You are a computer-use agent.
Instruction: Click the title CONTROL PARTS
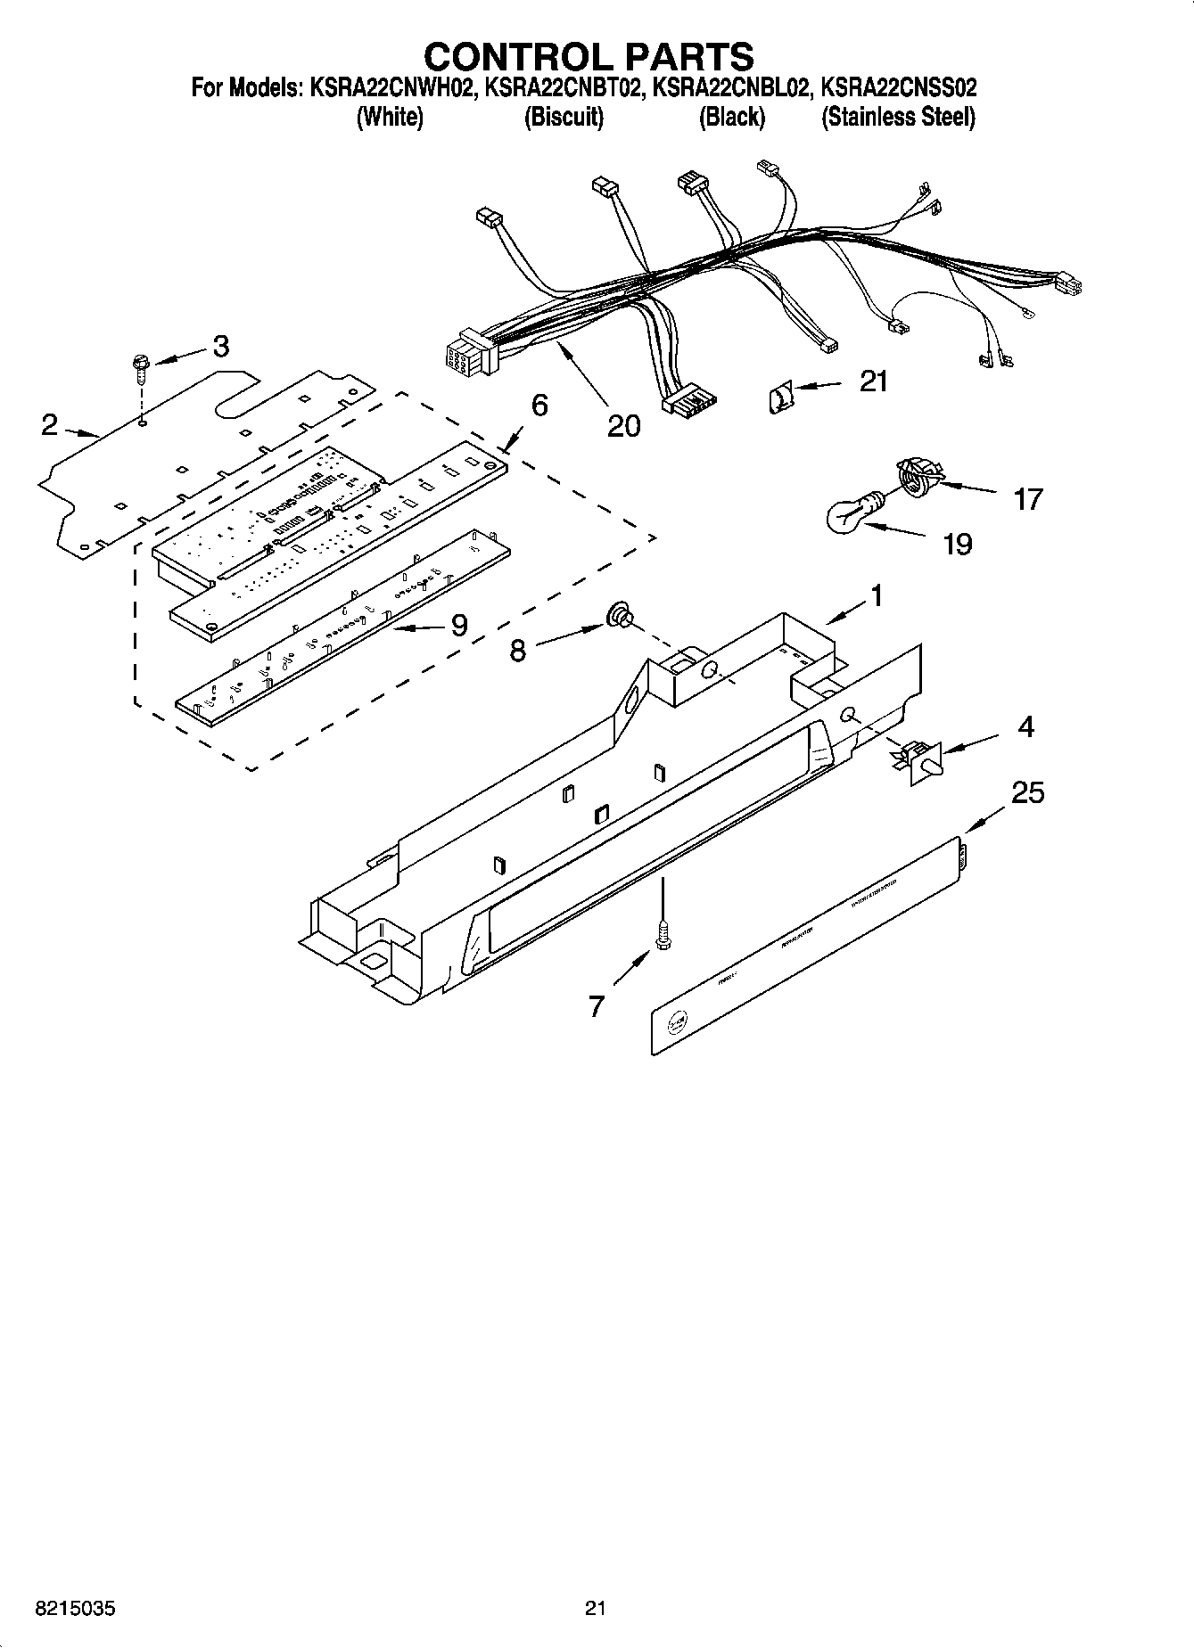click(589, 56)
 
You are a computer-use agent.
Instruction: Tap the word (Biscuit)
click(564, 117)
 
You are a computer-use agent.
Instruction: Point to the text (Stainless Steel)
click(898, 117)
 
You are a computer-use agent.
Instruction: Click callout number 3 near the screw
click(220, 346)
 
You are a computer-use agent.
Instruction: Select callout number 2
click(50, 425)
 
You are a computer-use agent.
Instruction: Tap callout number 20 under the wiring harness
click(623, 427)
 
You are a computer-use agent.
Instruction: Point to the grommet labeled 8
click(618, 615)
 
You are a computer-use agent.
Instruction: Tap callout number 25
click(1027, 791)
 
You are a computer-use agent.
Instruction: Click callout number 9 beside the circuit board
click(458, 626)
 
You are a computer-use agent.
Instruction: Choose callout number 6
click(539, 406)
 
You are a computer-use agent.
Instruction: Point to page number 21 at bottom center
click(596, 1609)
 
